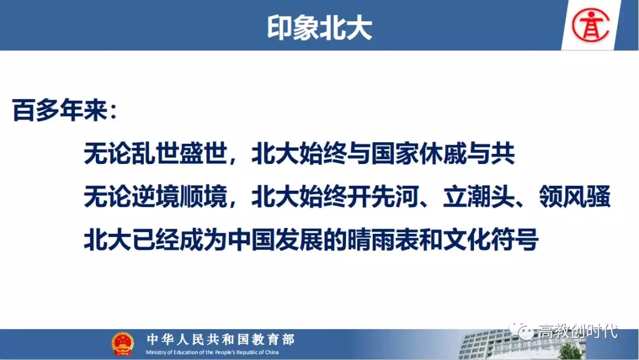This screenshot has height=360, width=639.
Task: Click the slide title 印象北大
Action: pos(319,28)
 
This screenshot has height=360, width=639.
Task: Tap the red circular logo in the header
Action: pos(590,25)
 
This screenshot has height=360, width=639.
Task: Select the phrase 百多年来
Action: pos(60,110)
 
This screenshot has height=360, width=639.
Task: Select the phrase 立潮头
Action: pos(479,197)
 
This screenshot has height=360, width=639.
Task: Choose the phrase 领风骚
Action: pos(575,197)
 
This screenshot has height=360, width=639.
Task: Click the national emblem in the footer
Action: pos(122,343)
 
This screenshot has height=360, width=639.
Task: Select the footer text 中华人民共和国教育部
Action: pos(221,339)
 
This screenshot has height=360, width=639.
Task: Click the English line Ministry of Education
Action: pos(212,352)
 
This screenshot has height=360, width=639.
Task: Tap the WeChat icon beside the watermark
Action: pos(521,330)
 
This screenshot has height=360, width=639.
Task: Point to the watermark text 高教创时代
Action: pos(578,331)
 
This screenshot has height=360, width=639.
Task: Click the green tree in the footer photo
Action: pos(570,352)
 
